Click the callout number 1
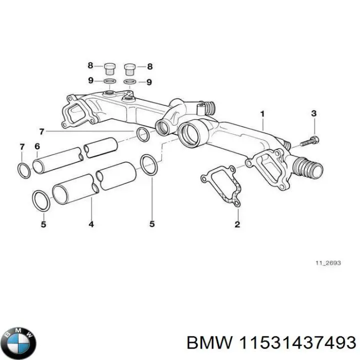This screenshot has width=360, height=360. point(261,114)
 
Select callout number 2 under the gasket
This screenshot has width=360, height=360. point(237,224)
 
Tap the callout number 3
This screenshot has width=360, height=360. point(313,113)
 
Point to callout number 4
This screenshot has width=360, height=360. point(91,224)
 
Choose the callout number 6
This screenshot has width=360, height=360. point(37,146)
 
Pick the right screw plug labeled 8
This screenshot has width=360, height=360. point(130,67)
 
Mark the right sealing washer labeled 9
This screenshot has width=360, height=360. point(130,82)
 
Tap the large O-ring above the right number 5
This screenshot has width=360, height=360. point(148,164)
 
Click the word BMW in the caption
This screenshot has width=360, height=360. point(208,342)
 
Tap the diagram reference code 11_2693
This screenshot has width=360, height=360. point(328,263)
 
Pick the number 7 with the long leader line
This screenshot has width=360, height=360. point(41,131)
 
